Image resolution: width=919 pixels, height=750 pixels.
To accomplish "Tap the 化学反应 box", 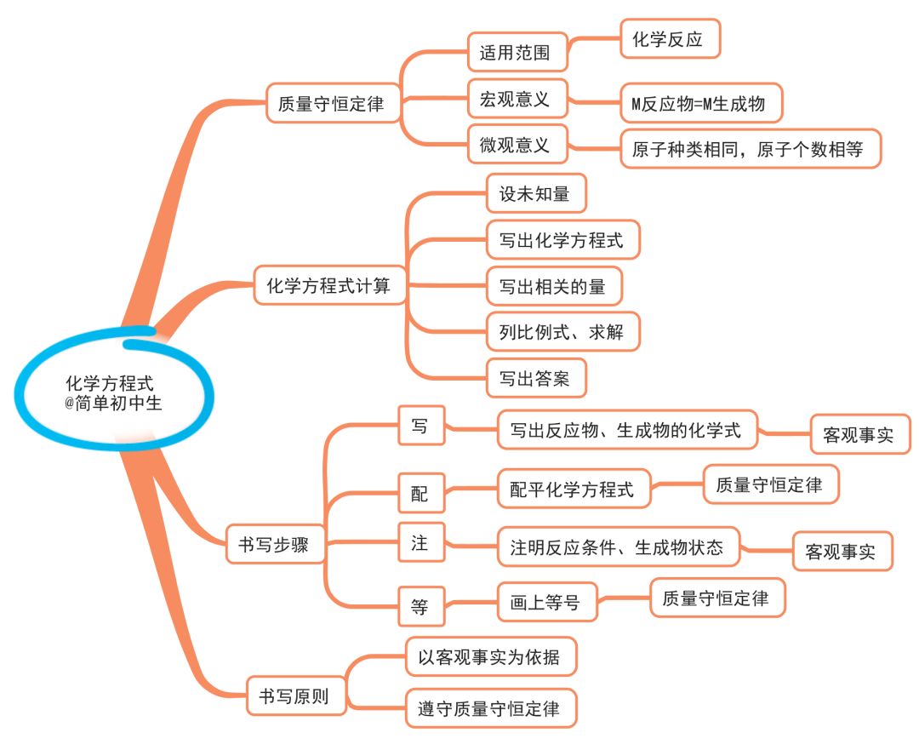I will (671, 39).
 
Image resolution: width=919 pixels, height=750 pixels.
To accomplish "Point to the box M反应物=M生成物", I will (699, 104).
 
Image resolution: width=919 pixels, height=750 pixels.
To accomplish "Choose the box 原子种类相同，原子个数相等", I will (748, 150).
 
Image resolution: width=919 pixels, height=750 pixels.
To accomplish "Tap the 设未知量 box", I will (535, 194).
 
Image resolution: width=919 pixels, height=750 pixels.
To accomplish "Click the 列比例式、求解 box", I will (561, 332).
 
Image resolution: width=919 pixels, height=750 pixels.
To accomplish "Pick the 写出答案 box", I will (535, 378).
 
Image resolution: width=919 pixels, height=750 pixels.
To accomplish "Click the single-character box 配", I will (420, 493).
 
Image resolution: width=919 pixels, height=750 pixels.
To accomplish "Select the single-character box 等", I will (420, 607).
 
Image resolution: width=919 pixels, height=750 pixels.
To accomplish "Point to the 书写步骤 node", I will (277, 544).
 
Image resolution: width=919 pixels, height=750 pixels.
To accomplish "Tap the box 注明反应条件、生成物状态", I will (618, 547).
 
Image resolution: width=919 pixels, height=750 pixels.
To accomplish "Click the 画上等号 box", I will (547, 603).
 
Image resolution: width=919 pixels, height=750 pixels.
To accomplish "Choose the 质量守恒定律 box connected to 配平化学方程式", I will (769, 485).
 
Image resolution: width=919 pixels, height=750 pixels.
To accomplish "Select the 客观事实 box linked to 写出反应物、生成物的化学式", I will (859, 436).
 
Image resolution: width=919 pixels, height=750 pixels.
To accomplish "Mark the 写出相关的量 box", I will (554, 286).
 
